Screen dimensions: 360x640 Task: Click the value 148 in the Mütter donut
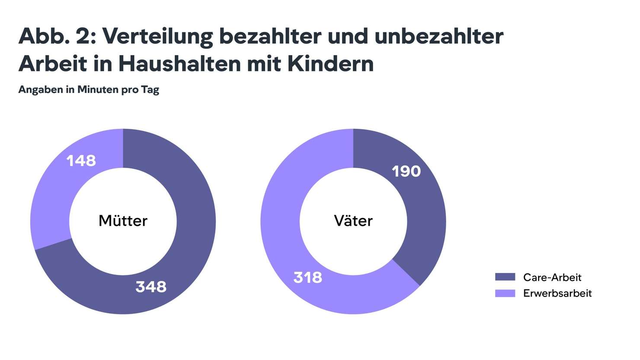(x=81, y=161)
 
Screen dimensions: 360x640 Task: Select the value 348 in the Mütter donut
(x=151, y=287)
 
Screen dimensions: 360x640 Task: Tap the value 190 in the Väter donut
(x=406, y=172)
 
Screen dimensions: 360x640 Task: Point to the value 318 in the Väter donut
(x=307, y=277)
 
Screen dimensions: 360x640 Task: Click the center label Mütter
(x=123, y=221)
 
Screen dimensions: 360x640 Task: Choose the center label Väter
(x=353, y=221)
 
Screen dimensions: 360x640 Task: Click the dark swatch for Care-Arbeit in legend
(x=505, y=277)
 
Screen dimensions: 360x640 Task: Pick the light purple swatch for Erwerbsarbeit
(x=505, y=293)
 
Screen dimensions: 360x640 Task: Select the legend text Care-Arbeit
(x=552, y=277)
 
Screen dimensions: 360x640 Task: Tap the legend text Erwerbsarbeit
(x=557, y=293)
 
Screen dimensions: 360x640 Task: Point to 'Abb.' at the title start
(x=44, y=35)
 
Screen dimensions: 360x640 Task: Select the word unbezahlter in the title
(x=439, y=35)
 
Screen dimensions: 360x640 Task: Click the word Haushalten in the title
(x=179, y=64)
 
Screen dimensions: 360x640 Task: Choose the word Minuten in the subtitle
(x=98, y=89)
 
